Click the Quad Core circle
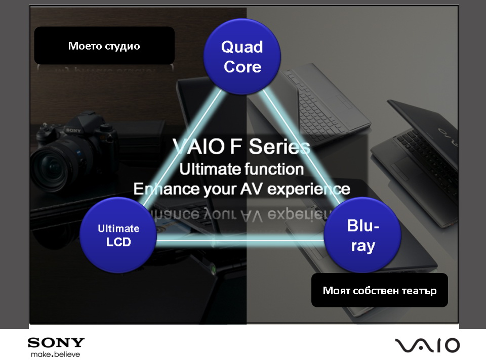[x=242, y=56]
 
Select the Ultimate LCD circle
[x=118, y=235]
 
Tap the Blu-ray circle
[x=362, y=235]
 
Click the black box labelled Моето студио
[x=104, y=45]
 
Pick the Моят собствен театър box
[x=379, y=290]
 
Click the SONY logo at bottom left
[x=56, y=343]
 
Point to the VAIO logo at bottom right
[x=427, y=345]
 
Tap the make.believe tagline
[x=56, y=354]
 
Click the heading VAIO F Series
[x=241, y=146]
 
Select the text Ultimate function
[x=241, y=169]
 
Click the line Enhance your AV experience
[x=241, y=189]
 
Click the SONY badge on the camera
[x=73, y=130]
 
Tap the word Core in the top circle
[x=242, y=67]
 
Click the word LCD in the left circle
[x=118, y=242]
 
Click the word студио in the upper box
[x=122, y=46]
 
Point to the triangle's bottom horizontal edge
[x=240, y=240]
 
